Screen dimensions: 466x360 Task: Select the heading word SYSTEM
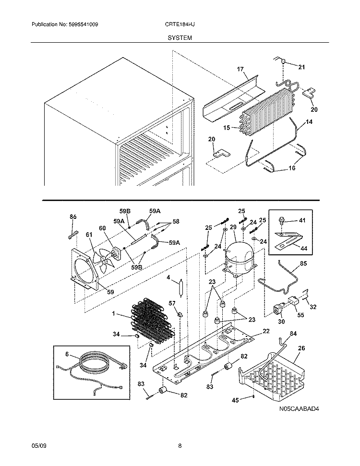(x=180, y=37)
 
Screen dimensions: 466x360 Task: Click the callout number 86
(x=73, y=217)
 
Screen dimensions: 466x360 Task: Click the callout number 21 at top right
(x=301, y=67)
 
